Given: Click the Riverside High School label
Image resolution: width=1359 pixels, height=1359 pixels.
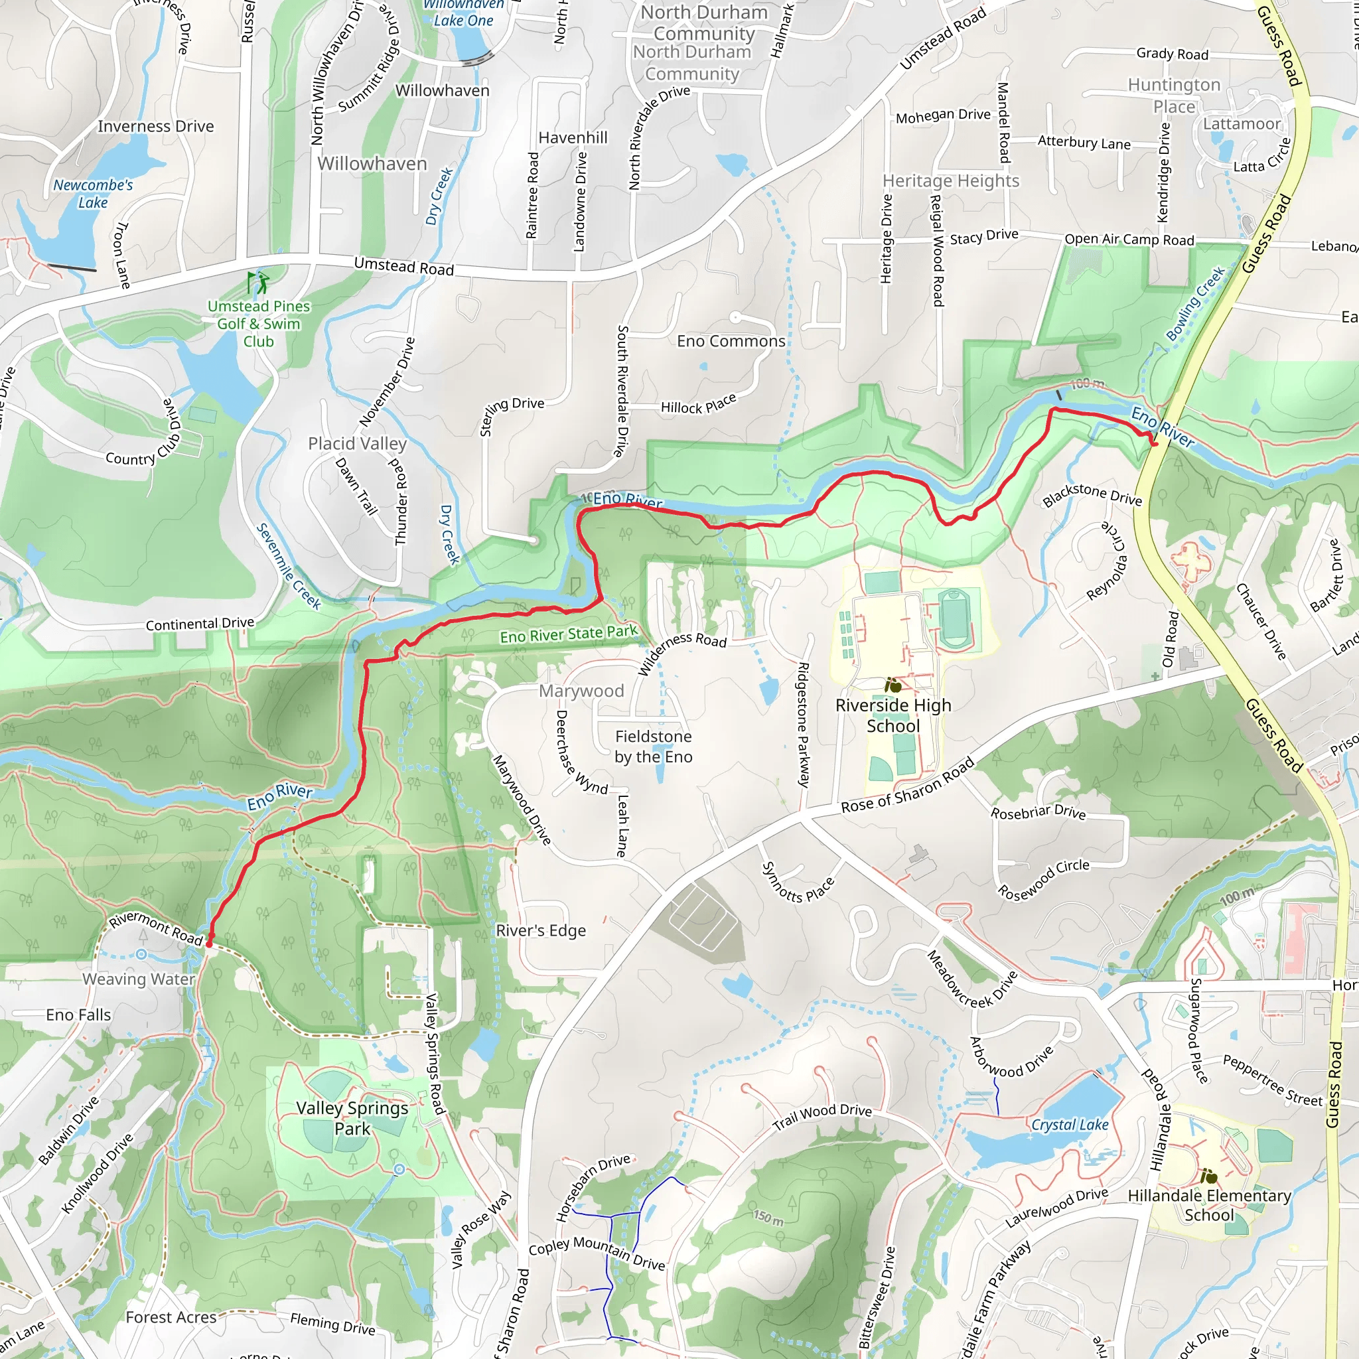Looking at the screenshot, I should coord(893,715).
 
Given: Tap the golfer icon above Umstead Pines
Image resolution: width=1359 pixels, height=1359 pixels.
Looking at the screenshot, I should coord(258,283).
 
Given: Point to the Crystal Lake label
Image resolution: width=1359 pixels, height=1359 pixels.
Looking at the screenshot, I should coord(1069,1125).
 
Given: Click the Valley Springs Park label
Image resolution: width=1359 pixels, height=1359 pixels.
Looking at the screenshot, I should coord(352,1117).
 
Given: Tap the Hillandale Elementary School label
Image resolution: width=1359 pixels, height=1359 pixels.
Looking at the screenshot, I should coord(1209,1205).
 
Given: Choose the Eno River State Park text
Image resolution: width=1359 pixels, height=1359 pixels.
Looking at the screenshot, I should coord(569,634).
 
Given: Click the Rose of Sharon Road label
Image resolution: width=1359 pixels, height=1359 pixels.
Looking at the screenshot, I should coord(907,785).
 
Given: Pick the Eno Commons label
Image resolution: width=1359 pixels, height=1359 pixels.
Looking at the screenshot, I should coord(731,341).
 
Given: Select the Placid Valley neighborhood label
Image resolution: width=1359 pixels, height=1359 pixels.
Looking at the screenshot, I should coord(358,444).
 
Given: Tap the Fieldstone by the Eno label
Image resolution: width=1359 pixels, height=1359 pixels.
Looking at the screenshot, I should coord(654,747).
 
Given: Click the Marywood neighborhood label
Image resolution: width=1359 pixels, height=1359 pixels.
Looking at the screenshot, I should coord(581,691).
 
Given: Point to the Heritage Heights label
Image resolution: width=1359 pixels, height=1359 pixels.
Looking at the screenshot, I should coord(950,180).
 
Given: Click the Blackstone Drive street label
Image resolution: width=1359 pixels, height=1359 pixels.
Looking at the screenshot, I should coord(1092,494).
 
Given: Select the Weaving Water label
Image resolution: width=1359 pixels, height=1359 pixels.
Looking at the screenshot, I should coord(139,979).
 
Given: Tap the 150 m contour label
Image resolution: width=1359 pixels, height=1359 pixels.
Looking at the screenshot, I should coord(768,1218).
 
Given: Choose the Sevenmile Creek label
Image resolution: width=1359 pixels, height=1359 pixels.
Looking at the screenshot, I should coord(288,566).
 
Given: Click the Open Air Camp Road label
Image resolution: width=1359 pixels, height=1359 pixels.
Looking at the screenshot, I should coord(1129,239).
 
